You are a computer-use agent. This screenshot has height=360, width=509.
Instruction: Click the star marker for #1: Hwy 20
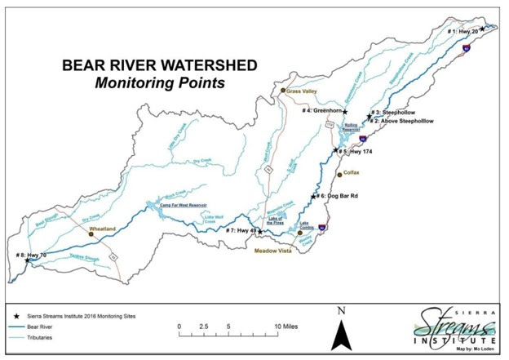(482, 29)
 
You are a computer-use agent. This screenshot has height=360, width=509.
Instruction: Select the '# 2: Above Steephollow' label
(402, 121)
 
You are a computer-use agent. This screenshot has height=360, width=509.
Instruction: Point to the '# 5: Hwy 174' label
(359, 152)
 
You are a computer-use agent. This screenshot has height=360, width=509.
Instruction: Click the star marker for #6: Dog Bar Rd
(312, 196)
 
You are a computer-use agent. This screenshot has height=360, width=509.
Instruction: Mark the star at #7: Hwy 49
(261, 231)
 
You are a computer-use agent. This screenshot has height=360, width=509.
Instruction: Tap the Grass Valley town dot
(283, 91)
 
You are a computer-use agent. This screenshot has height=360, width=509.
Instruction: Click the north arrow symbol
(346, 330)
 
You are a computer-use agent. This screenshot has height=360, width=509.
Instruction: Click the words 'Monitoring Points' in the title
(160, 82)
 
